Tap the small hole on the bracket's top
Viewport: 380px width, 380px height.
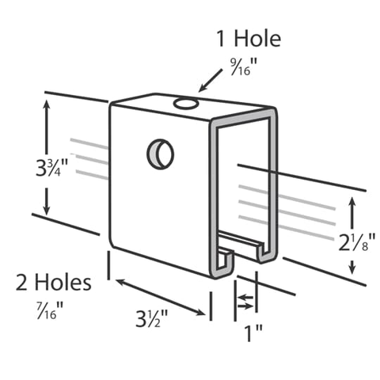188,102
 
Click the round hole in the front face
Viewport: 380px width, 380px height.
161,153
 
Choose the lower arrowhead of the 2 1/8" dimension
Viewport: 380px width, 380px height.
354,283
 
